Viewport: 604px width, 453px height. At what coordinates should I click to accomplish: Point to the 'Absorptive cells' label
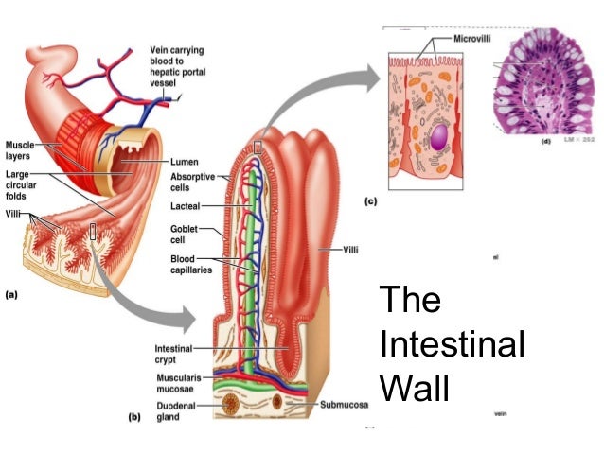[x=192, y=182]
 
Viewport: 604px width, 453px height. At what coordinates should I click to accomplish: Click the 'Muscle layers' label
[x=22, y=150]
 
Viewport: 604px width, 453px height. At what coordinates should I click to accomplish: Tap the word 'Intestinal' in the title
[x=452, y=344]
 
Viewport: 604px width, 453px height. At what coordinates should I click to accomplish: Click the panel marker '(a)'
[x=11, y=294]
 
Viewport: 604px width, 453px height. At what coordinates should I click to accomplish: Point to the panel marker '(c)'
[x=372, y=201]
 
